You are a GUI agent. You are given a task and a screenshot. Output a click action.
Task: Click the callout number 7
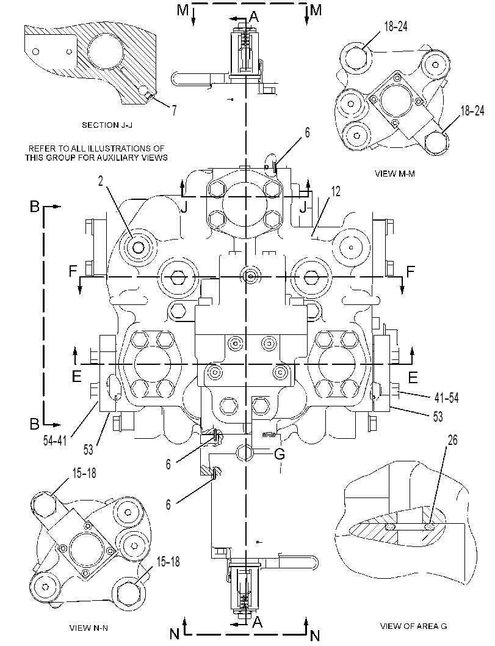click(174, 110)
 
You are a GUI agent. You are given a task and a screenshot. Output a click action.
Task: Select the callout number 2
click(100, 182)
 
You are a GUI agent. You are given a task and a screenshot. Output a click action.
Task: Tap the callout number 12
click(336, 191)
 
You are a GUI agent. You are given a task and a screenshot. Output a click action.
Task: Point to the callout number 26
click(452, 440)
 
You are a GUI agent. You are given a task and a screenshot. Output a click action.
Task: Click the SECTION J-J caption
click(107, 125)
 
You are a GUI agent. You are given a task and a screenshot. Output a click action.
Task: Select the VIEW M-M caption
click(395, 174)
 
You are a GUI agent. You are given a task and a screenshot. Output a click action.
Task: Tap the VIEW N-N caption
click(89, 628)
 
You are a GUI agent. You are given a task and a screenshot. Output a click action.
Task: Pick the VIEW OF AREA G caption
click(414, 626)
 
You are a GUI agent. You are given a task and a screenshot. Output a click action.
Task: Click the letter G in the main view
click(280, 454)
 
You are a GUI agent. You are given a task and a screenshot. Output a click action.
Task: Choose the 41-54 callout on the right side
click(446, 398)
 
